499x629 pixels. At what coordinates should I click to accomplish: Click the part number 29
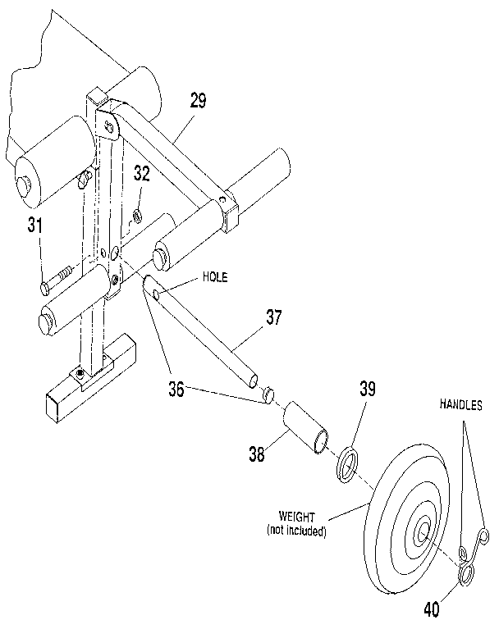[x=197, y=103]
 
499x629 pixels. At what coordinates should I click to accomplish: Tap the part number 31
[x=34, y=226]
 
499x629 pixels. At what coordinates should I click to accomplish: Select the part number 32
[x=142, y=174]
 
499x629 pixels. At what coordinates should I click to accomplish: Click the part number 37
[x=274, y=317]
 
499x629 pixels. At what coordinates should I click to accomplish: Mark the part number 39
[x=366, y=390]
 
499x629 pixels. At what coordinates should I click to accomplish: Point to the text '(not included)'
[x=296, y=532]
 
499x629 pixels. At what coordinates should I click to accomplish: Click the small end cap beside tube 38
[x=266, y=396]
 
